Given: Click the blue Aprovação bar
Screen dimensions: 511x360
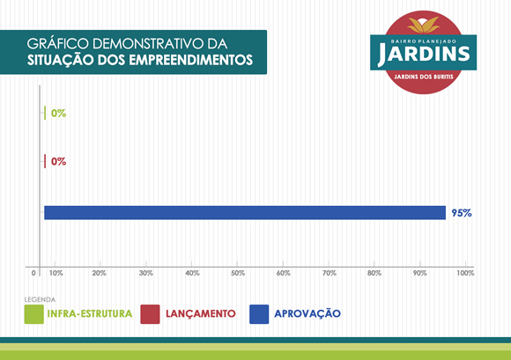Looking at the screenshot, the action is (x=245, y=213).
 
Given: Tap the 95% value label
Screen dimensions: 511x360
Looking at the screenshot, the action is (x=462, y=213).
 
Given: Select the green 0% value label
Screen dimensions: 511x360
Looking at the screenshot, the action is (x=59, y=114).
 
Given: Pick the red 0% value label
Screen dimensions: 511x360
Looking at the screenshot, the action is (x=59, y=161).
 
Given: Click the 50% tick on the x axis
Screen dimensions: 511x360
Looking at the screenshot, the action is (x=238, y=273).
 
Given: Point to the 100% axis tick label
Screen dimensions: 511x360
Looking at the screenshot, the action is (x=465, y=273).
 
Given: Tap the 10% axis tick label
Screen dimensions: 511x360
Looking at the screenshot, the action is (x=56, y=273).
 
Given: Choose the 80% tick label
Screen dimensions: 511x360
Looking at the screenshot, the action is (x=374, y=273).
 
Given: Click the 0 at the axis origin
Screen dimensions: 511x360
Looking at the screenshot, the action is (x=33, y=273).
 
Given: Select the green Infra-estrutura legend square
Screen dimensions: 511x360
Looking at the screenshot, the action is (x=33, y=314).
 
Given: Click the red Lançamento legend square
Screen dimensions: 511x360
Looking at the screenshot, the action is (x=150, y=314).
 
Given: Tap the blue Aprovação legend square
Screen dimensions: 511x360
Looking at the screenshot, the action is (x=259, y=314).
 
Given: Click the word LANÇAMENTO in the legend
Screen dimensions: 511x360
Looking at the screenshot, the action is (x=200, y=313).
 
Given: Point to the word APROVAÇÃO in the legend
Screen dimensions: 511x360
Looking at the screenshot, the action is (x=307, y=313).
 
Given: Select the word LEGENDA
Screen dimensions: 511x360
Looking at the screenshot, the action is (x=40, y=299).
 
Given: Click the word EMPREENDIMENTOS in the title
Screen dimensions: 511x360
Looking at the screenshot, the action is (x=190, y=60).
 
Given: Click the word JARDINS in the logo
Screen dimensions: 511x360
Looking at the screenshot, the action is (x=424, y=55).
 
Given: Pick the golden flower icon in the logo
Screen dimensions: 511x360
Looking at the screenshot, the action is (x=423, y=25).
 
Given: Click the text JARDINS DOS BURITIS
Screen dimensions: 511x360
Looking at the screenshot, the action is (x=423, y=77).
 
